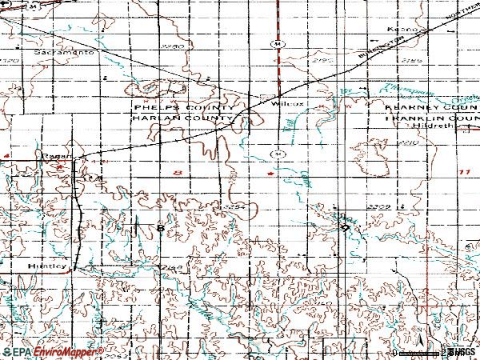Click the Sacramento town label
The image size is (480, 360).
coord(69,52)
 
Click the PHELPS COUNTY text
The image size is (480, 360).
coord(184,106)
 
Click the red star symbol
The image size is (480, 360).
coord(271,172)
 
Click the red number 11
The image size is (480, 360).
coord(464,172)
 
